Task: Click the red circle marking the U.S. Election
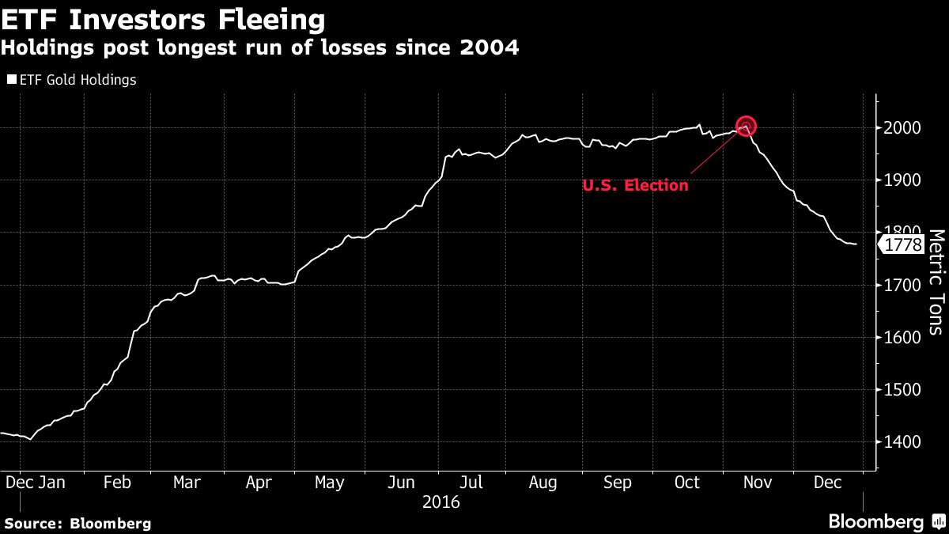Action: pyautogui.click(x=746, y=126)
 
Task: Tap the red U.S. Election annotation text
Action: pyautogui.click(x=635, y=186)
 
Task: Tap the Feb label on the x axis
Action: pyautogui.click(x=117, y=483)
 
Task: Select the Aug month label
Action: pyautogui.click(x=543, y=483)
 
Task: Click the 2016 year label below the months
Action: pyautogui.click(x=441, y=502)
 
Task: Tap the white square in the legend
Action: pyautogui.click(x=11, y=80)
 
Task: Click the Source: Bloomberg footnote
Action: pyautogui.click(x=78, y=523)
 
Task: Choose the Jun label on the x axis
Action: pyautogui.click(x=401, y=483)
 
